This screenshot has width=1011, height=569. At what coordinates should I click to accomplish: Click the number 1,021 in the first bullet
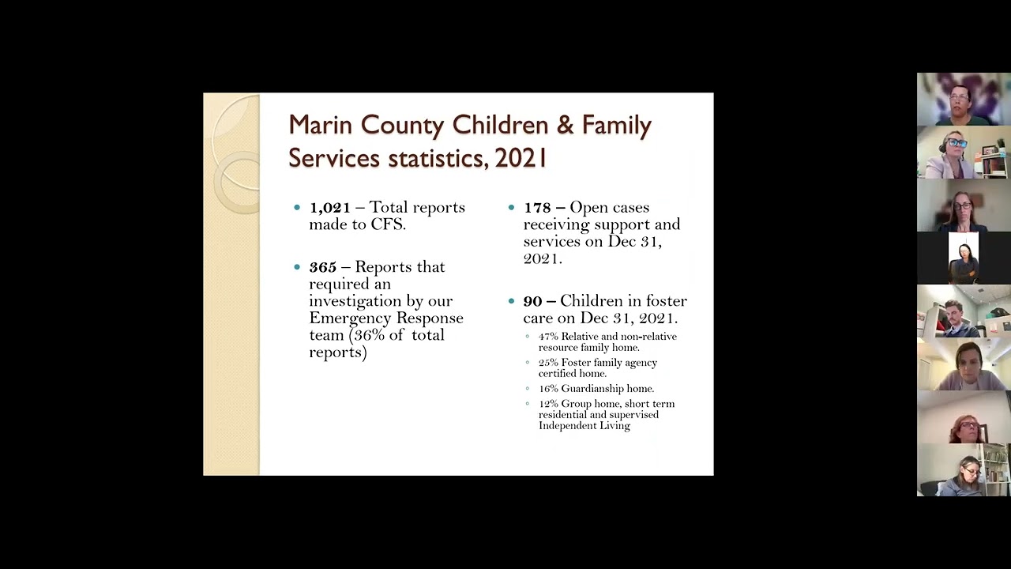[x=329, y=208]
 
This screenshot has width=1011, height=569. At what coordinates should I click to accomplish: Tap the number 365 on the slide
[x=322, y=267]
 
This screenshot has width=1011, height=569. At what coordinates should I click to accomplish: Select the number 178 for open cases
[x=536, y=208]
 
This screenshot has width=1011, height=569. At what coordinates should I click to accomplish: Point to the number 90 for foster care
[x=532, y=301]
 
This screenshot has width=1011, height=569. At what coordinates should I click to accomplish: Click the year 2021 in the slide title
[x=521, y=158]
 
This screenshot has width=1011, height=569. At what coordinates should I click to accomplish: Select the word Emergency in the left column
[x=342, y=318]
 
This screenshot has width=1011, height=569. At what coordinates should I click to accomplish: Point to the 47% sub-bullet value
[x=548, y=337]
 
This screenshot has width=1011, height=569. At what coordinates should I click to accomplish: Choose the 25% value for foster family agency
[x=548, y=363]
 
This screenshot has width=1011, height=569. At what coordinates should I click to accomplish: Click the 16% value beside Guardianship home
[x=548, y=389]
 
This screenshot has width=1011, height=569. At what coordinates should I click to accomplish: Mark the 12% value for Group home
[x=548, y=404]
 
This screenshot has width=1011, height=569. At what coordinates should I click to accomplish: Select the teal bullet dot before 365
[x=297, y=267]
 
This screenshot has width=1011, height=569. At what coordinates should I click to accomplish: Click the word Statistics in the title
[x=436, y=158]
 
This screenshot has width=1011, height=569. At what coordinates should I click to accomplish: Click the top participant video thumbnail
[x=964, y=99]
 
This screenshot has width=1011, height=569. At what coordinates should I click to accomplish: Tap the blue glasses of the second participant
[x=956, y=143]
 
